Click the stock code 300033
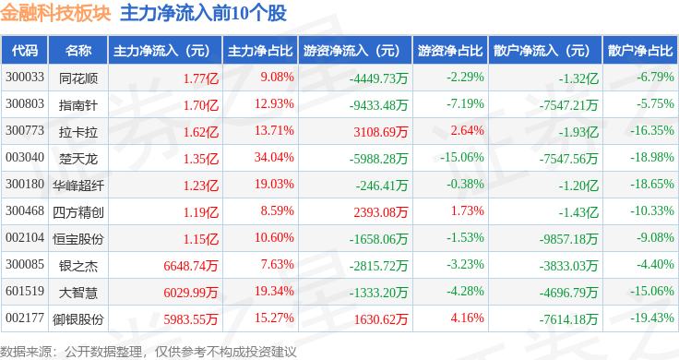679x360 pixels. pos(25,78)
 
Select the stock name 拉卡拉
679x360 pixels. pos(78,132)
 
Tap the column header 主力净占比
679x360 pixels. pos(260,51)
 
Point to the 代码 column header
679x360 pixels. pos(25,51)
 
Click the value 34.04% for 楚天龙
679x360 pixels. pos(274,157)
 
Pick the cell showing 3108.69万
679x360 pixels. pos(381,132)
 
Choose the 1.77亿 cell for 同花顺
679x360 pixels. pos(201,78)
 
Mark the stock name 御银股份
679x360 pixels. pos(78,319)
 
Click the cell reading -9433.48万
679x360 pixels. pos(378,105)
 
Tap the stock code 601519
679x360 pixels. pos(25,291)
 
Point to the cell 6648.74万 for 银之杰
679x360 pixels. pos(191,266)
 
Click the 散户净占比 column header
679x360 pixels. pos(640,51)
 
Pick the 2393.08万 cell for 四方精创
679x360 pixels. pos(381,212)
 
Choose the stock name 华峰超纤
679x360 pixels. pos(78,186)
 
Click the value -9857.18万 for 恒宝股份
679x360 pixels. pos(568,239)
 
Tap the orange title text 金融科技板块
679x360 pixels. pos(56,14)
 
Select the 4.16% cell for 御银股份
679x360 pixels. pos(467,318)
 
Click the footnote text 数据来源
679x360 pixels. pos(26,352)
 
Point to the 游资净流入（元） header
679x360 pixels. pos(351,51)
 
